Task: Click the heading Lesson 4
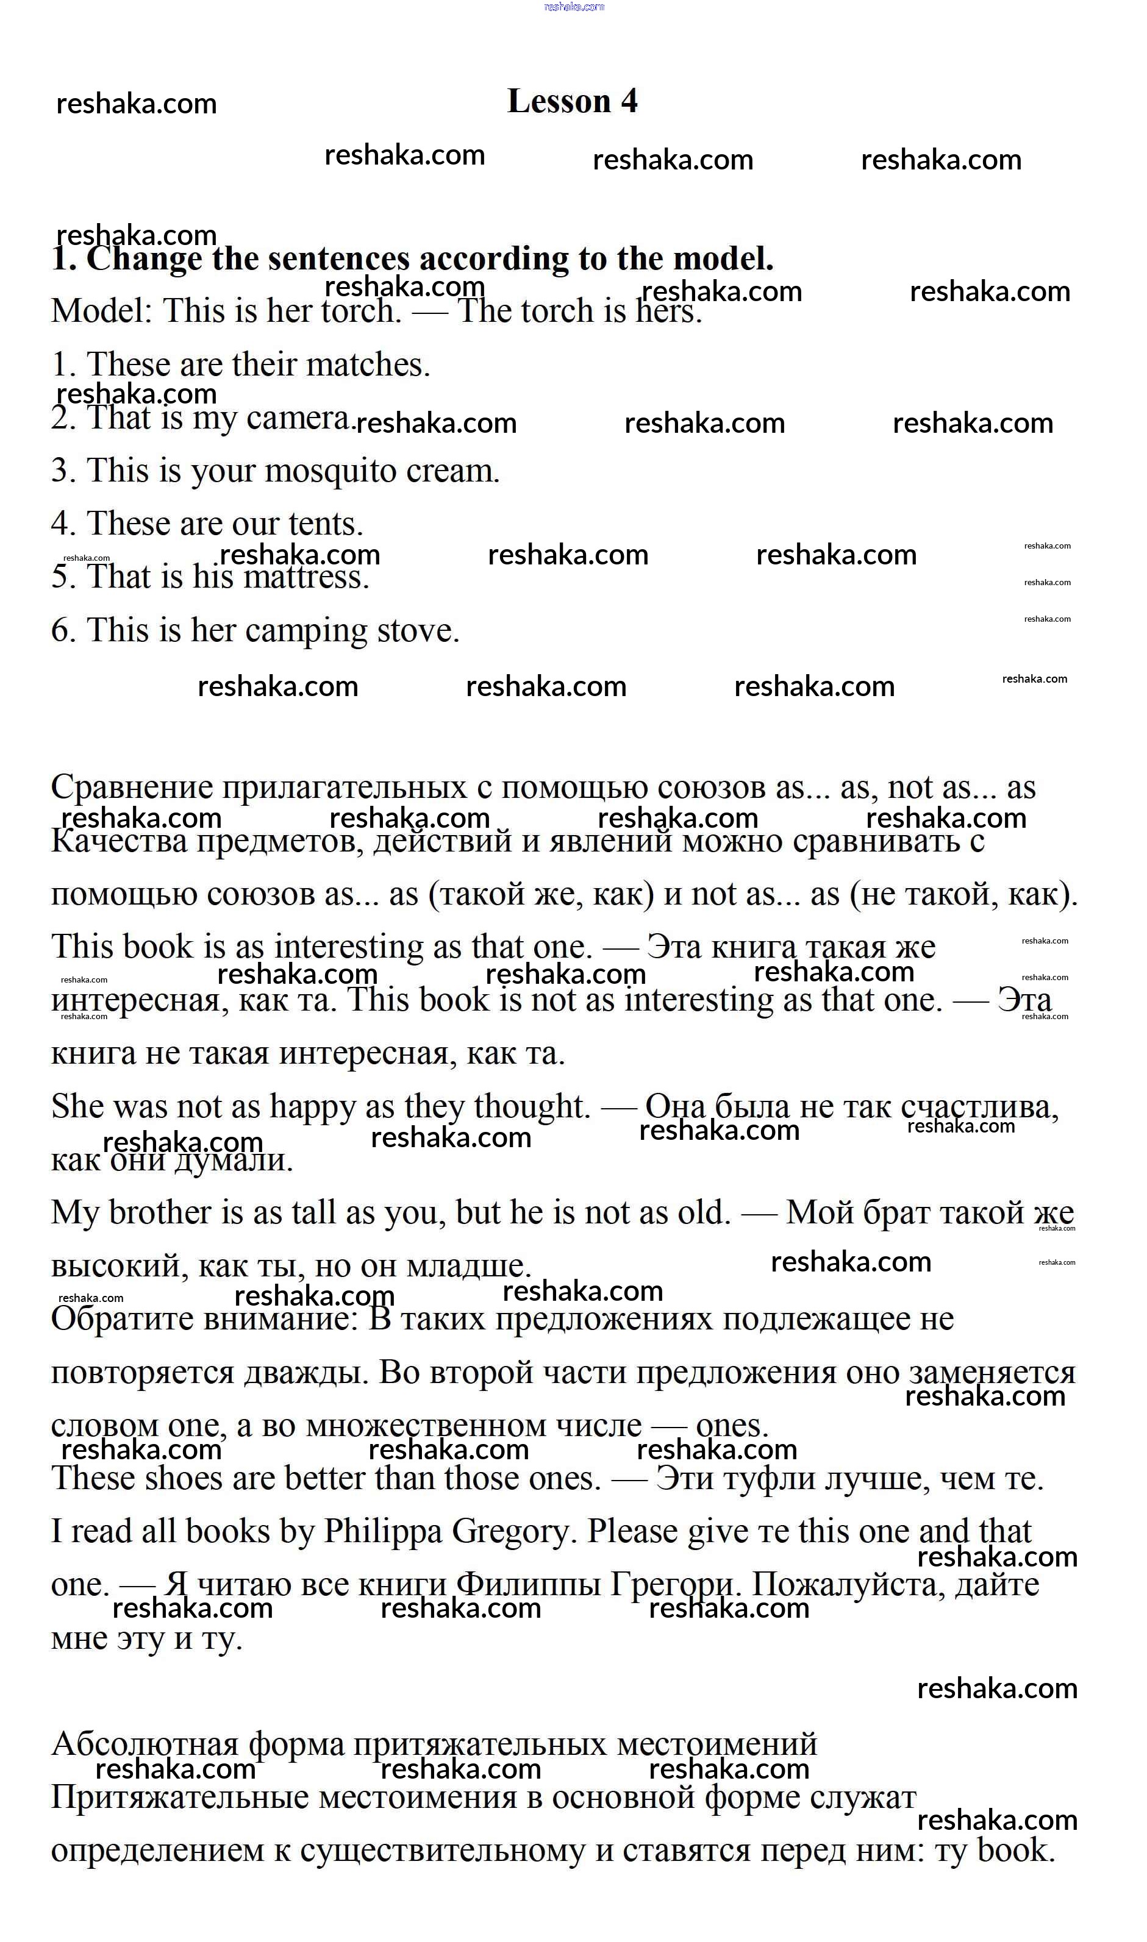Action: [572, 101]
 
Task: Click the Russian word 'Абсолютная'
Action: [145, 1745]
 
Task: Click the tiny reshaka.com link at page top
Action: [573, 7]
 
